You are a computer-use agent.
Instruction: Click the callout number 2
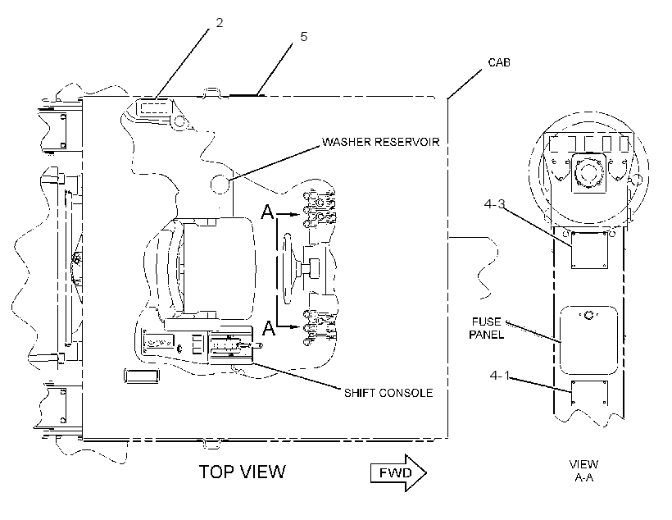[220, 23]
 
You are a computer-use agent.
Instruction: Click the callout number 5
[304, 37]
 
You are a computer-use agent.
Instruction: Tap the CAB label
[499, 62]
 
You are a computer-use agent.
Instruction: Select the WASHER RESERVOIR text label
[380, 142]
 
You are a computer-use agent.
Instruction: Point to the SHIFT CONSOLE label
[388, 393]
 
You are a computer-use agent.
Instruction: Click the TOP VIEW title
[242, 472]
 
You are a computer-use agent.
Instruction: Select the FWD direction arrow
[398, 472]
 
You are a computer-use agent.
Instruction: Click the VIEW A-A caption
[583, 471]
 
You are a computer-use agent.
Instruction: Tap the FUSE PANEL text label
[487, 328]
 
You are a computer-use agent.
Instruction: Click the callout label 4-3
[494, 204]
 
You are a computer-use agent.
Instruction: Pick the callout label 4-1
[500, 376]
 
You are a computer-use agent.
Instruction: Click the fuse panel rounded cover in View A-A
[589, 340]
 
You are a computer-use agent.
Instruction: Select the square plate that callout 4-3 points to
[589, 250]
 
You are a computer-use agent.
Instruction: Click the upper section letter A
[267, 212]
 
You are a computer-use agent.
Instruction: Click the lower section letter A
[268, 328]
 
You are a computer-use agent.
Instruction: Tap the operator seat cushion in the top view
[219, 268]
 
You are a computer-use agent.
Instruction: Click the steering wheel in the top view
[288, 268]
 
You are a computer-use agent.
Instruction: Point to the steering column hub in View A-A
[588, 174]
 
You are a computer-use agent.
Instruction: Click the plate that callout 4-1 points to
[589, 393]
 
